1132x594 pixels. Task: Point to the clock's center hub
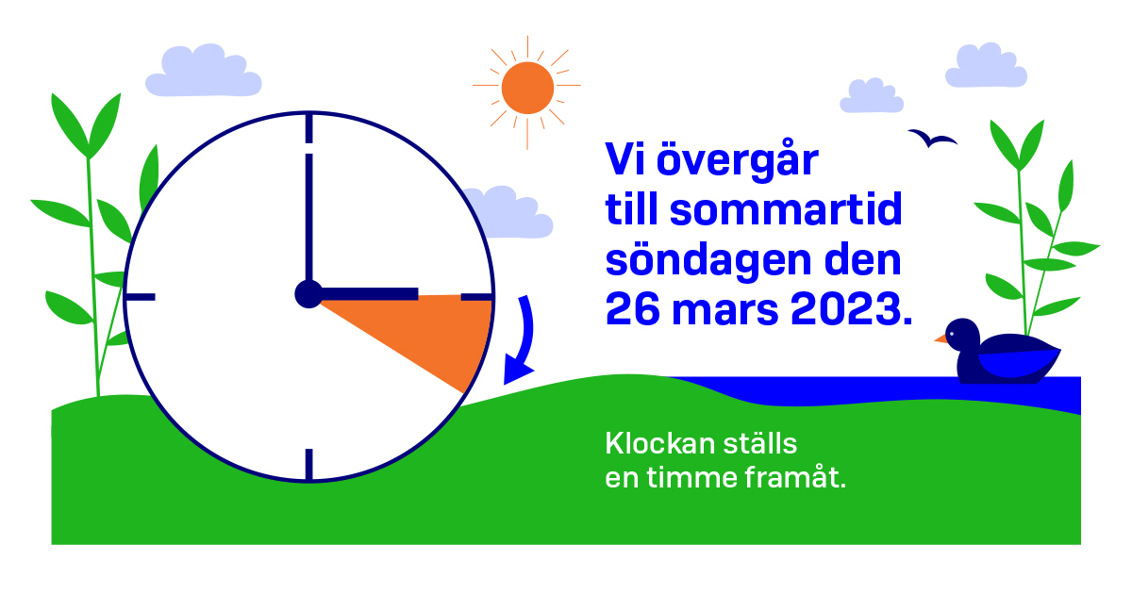coord(308,294)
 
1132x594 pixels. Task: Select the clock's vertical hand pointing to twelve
coord(308,217)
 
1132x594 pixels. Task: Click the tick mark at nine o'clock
coord(141,297)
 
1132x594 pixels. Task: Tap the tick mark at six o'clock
coord(308,464)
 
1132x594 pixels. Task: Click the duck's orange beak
coord(941,337)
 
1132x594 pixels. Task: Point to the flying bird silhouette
coord(932,139)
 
